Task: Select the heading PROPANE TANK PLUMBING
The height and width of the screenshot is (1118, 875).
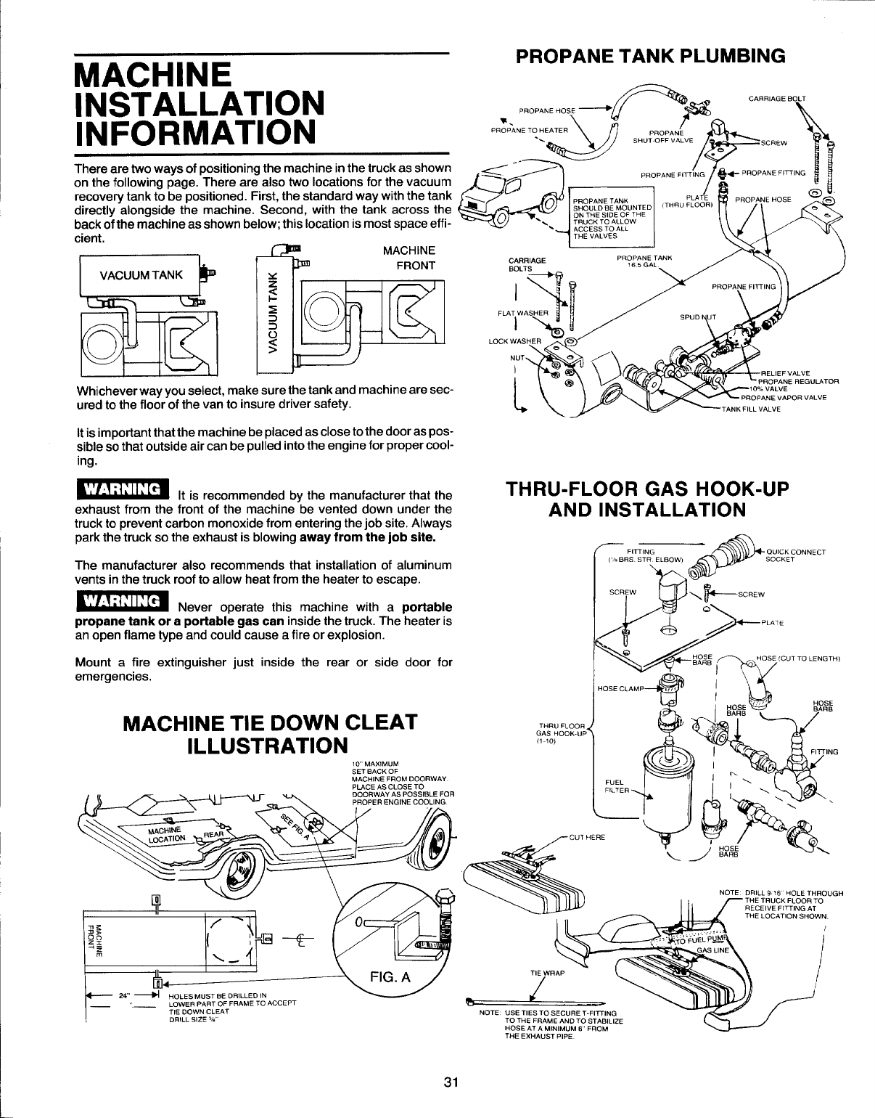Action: (650, 57)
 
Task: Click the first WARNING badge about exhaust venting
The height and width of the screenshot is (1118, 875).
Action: (122, 487)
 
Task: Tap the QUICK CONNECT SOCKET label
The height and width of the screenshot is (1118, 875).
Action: (795, 556)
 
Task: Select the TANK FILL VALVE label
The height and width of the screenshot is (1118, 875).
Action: (751, 409)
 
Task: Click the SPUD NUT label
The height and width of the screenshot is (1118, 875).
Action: (697, 318)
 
